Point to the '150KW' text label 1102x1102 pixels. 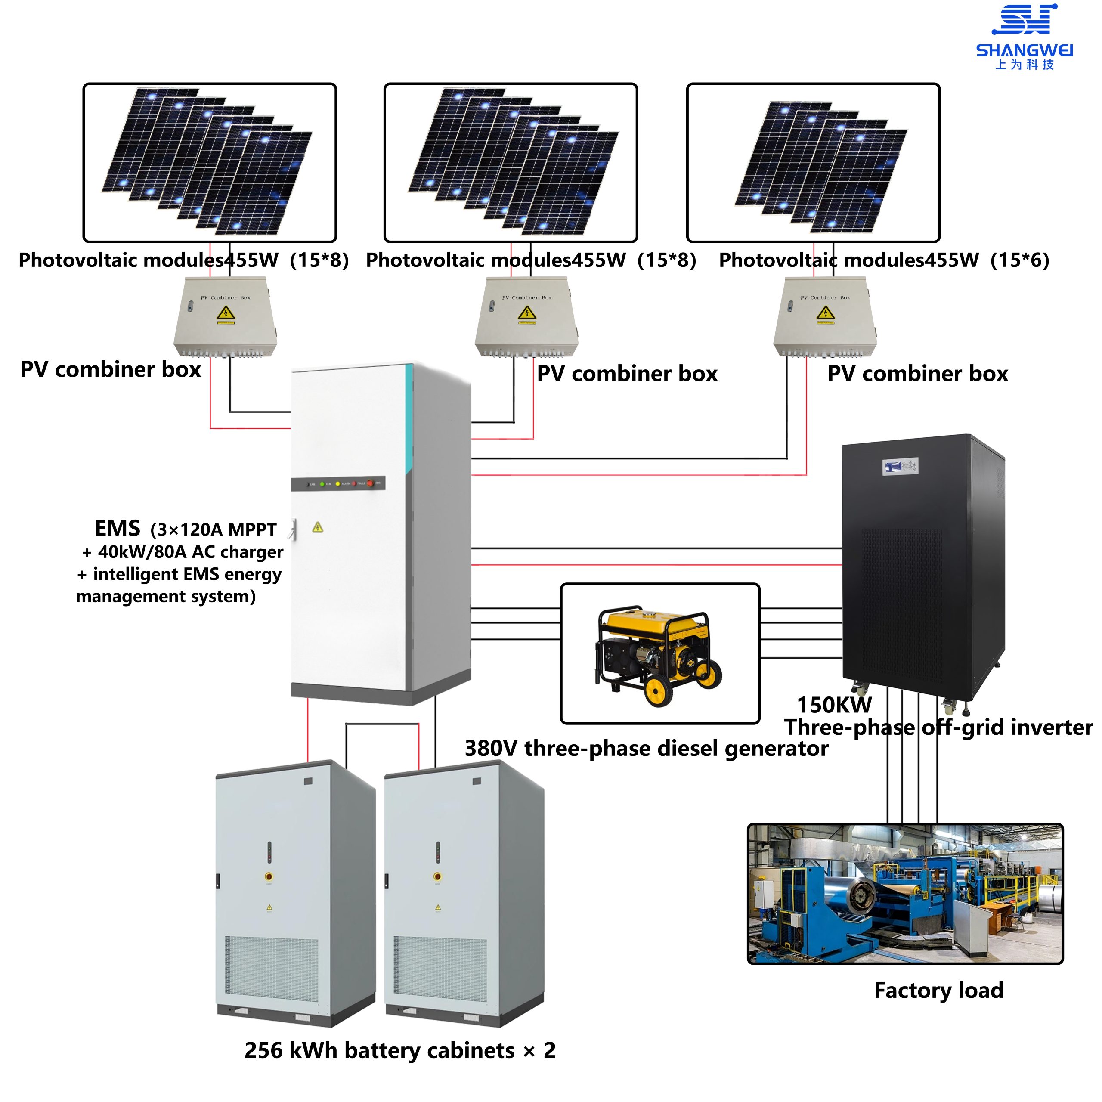point(834,705)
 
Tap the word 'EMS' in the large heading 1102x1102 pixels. point(117,528)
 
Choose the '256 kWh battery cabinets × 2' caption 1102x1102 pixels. point(399,1050)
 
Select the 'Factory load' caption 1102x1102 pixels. point(938,990)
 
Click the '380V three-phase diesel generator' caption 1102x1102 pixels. point(646,748)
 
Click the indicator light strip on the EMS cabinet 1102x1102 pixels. point(338,484)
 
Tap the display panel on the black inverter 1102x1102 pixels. point(900,467)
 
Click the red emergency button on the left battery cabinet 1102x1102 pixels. point(269,876)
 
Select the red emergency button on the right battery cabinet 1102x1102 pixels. point(437,876)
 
